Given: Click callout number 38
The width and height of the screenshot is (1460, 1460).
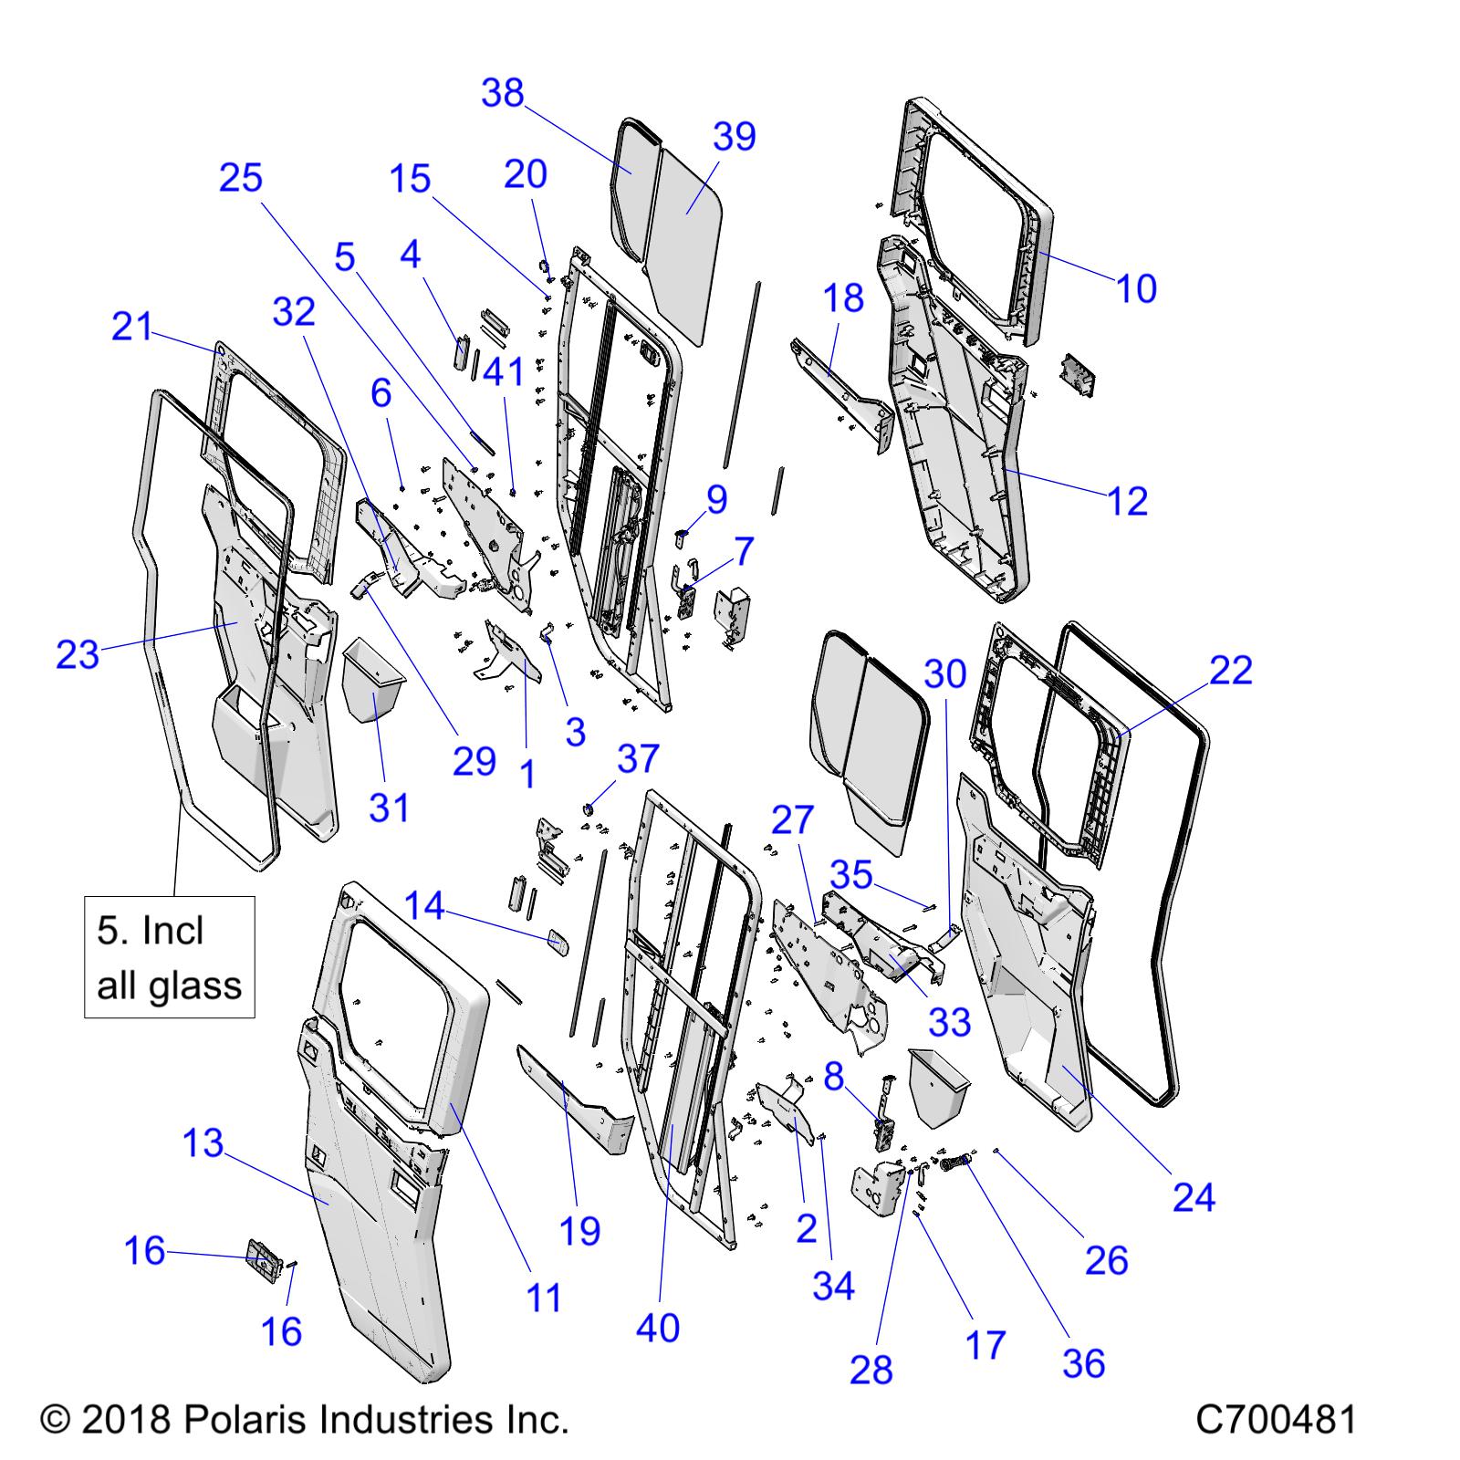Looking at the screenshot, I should coord(503,93).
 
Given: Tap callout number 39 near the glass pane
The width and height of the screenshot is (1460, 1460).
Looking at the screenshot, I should coord(735,136).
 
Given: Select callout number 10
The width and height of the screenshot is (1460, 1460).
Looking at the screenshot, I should coord(1137,288).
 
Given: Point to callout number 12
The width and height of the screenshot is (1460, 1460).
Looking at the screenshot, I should coord(1128,501).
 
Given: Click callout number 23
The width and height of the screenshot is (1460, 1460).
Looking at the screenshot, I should coord(78,654).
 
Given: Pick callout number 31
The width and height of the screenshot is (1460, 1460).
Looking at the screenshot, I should coord(390,808).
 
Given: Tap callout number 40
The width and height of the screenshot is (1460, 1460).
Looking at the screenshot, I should coord(658,1328).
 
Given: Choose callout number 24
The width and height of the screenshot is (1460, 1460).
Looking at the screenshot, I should coord(1194,1197).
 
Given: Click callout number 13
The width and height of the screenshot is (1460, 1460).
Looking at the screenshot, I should coord(203,1142).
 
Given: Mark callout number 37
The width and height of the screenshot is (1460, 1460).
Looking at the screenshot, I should coord(638,758).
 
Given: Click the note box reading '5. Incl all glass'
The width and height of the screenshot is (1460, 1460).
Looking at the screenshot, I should coord(170,957).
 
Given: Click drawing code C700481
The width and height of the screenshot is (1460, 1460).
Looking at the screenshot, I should coord(1277,1419).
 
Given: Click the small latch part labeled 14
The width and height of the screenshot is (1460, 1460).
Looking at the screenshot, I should coord(558,942).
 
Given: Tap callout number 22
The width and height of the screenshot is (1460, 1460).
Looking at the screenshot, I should coord(1231,671).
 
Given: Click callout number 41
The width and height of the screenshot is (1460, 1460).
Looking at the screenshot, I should coord(504,371).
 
